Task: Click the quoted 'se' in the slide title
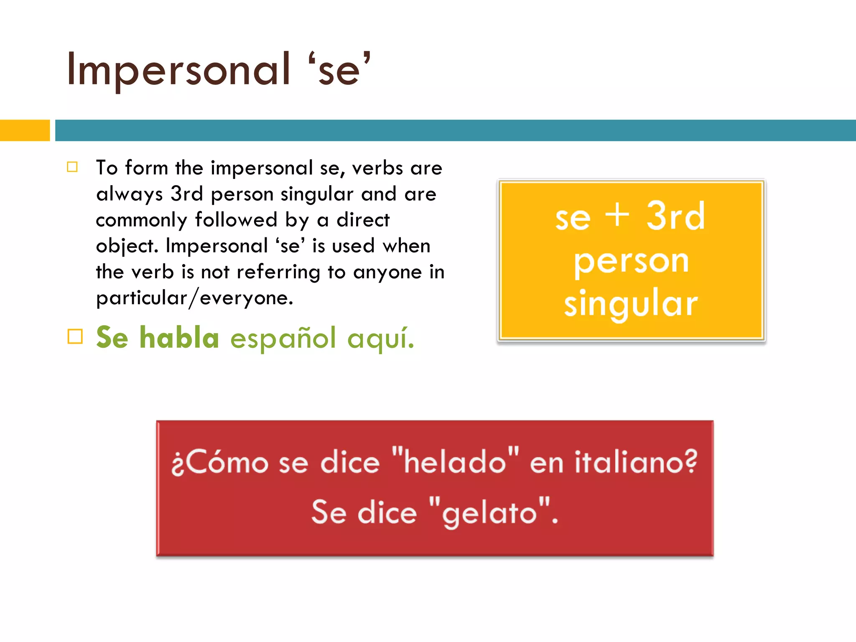(x=339, y=70)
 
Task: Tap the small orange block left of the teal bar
(x=25, y=130)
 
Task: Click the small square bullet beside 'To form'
(x=72, y=167)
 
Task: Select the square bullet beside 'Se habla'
(x=75, y=336)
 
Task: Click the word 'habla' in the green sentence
(x=179, y=337)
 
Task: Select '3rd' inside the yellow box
(x=675, y=217)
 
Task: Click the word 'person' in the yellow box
(x=631, y=261)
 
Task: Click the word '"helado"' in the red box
(x=456, y=462)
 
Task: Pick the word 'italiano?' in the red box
(x=636, y=462)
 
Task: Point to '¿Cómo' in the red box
(x=220, y=463)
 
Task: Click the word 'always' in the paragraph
(x=129, y=194)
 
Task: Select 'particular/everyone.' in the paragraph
(x=195, y=298)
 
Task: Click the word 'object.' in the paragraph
(x=127, y=246)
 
